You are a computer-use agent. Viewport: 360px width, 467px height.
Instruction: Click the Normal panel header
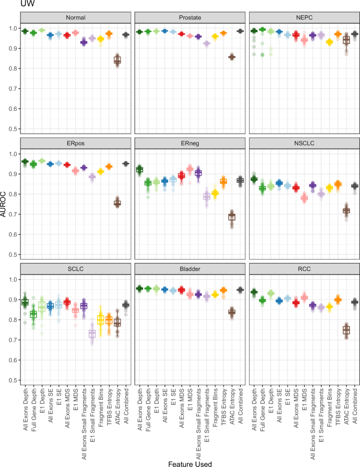(x=75, y=17)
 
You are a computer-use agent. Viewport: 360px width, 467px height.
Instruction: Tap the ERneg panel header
(x=190, y=143)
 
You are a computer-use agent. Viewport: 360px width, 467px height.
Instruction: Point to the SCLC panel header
(x=75, y=268)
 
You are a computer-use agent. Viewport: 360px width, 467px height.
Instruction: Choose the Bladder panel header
(x=190, y=268)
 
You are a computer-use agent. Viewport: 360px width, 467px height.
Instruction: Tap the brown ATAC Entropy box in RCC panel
(x=346, y=330)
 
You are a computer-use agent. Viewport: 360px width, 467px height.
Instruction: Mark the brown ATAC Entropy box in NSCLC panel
(x=346, y=211)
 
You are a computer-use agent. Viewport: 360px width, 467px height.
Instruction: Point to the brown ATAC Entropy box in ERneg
(x=232, y=216)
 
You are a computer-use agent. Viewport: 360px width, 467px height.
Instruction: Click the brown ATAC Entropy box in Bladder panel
(x=232, y=312)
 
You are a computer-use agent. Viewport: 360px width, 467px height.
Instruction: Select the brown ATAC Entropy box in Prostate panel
(x=232, y=57)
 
